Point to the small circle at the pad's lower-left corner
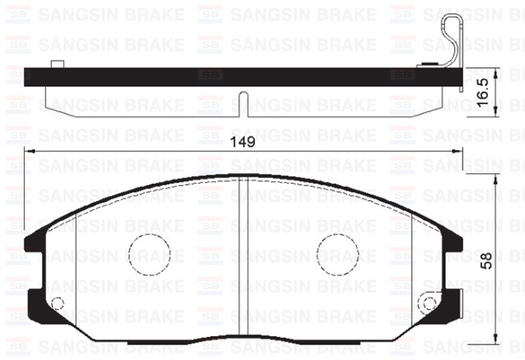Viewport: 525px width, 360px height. coord(57,304)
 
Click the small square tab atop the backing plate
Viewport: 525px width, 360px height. coord(57,65)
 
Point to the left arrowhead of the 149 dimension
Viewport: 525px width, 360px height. coord(30,152)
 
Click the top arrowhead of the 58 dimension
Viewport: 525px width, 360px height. coord(498,180)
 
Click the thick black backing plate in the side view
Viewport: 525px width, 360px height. coord(238,76)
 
